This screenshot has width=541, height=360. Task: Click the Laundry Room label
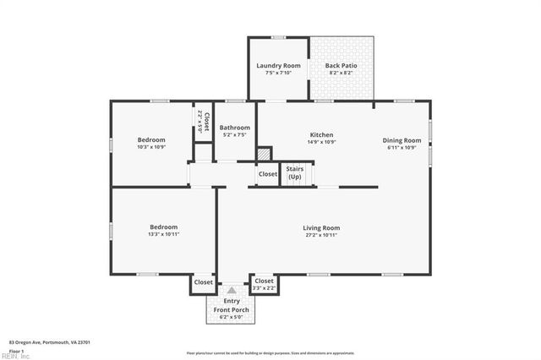tap(278, 65)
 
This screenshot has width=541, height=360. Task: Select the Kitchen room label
tap(321, 134)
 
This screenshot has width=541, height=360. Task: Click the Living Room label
tap(321, 227)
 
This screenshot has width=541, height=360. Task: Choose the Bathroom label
tap(235, 128)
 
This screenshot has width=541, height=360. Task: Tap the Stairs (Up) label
tap(294, 173)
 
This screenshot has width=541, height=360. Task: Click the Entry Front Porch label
tap(231, 305)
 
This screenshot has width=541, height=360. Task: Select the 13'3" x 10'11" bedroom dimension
tap(164, 234)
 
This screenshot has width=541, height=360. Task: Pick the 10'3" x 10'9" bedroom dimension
tap(151, 147)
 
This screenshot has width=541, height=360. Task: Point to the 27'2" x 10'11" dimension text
tap(321, 234)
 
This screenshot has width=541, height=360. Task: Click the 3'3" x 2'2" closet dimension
tap(265, 288)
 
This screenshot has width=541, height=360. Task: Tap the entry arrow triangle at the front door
tap(231, 289)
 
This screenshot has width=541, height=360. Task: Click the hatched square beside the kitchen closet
tap(265, 155)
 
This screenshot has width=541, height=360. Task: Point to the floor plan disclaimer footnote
tap(270, 352)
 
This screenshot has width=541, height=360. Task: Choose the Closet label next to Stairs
tap(268, 174)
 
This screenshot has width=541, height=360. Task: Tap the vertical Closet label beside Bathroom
tap(205, 123)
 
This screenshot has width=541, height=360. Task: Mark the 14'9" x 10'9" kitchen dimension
tap(321, 141)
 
